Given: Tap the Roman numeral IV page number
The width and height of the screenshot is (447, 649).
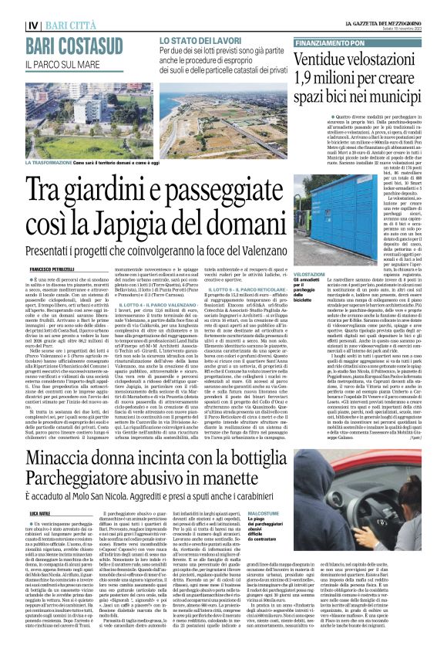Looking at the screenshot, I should click(x=13, y=8).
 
